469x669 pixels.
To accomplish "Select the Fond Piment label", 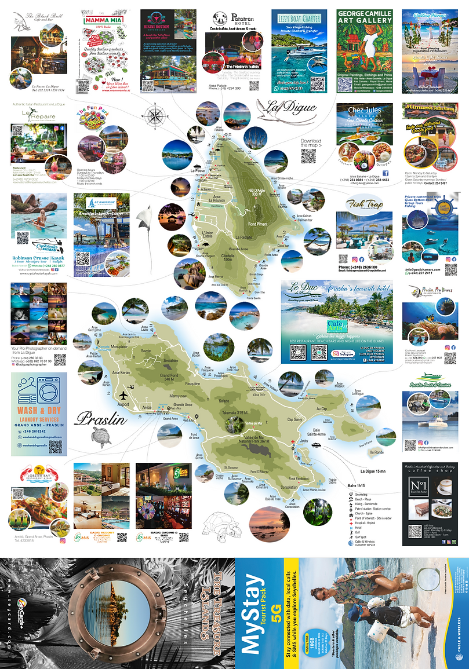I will click(x=257, y=224).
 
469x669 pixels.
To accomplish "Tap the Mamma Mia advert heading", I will click(x=102, y=20).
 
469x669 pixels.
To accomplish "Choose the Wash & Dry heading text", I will click(x=39, y=415).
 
